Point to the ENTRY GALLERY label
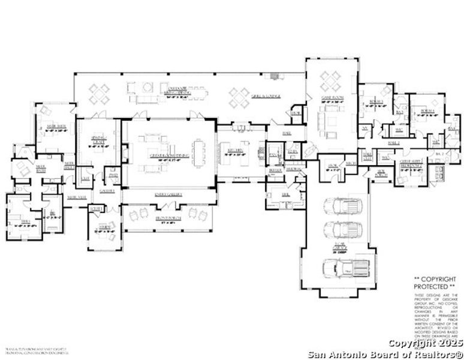[169, 195]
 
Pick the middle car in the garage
[342, 229]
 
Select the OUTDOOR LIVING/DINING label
[178, 90]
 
